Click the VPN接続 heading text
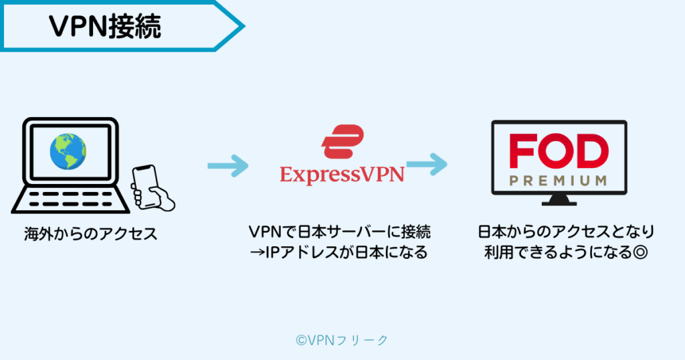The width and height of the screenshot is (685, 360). [x=105, y=26]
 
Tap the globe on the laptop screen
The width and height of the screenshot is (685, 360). [x=68, y=152]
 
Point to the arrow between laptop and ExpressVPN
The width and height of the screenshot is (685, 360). [x=227, y=165]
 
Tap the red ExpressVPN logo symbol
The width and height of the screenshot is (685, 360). [x=342, y=142]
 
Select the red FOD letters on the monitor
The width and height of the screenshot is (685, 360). [x=559, y=152]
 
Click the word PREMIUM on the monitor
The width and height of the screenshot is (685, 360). [x=559, y=181]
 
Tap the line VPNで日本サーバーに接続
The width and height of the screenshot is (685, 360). [x=340, y=232]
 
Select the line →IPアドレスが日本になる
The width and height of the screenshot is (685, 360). [x=340, y=254]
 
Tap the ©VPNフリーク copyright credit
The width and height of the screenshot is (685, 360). [x=342, y=340]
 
